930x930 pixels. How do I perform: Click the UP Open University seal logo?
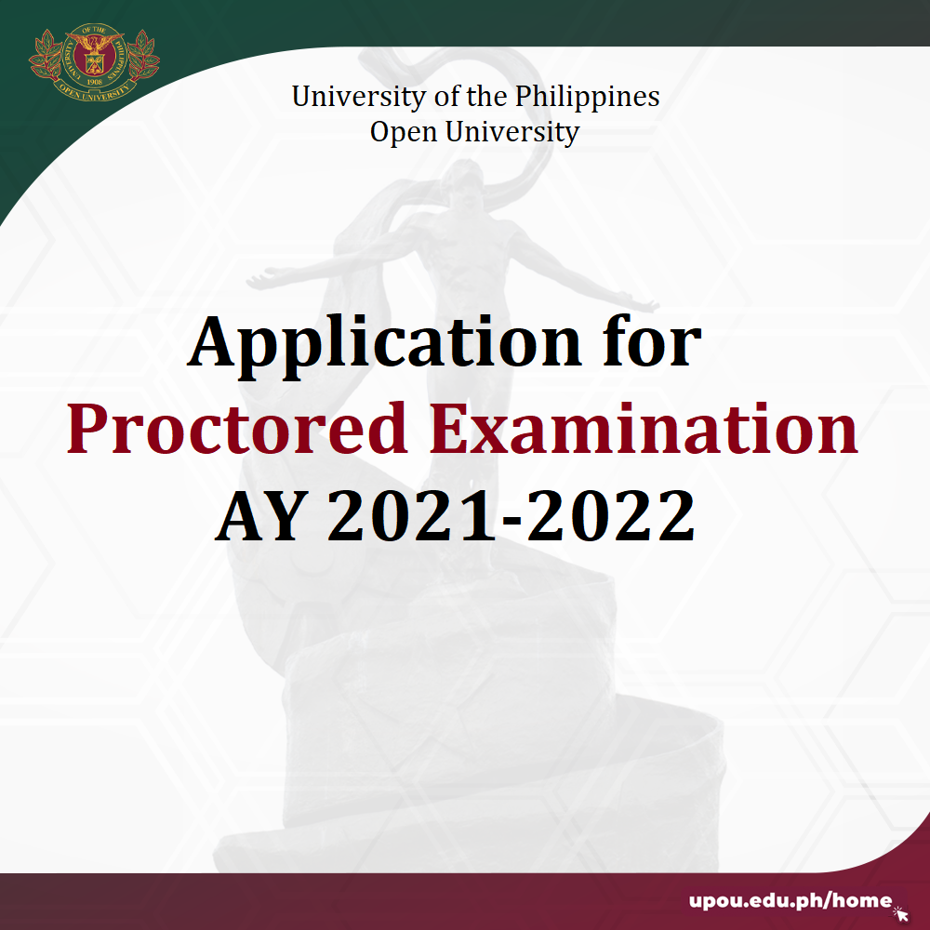click(x=94, y=61)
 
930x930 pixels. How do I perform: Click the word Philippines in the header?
click(x=587, y=97)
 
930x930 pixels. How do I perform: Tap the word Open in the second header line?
click(x=405, y=132)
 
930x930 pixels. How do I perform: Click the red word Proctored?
click(x=236, y=428)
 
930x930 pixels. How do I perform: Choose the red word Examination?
click(x=644, y=428)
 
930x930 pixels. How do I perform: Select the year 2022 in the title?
click(x=611, y=515)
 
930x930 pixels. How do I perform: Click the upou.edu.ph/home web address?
click(x=790, y=901)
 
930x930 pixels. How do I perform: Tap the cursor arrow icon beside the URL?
click(x=901, y=913)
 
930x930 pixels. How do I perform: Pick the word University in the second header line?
click(x=512, y=132)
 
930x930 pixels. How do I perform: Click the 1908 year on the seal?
click(x=94, y=82)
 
